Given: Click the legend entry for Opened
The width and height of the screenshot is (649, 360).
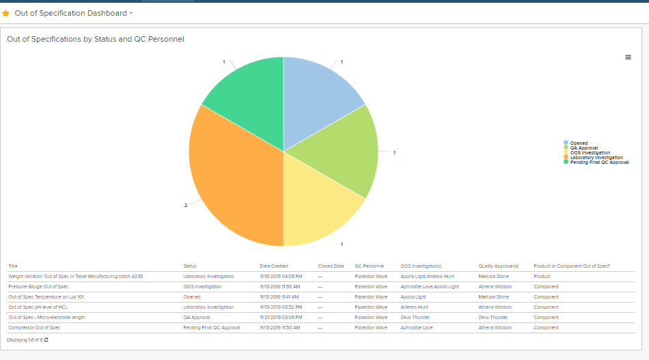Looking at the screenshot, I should pos(579,143).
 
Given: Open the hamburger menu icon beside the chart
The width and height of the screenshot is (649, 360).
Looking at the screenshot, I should pos(628,57).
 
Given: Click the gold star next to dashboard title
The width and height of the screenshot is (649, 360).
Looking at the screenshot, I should pos(6,13).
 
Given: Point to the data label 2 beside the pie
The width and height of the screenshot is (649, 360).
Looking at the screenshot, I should pos(186,205).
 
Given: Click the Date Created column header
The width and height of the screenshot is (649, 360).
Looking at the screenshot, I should pos(274,266).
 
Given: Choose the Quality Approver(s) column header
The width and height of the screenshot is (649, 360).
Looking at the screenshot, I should pos(499,266).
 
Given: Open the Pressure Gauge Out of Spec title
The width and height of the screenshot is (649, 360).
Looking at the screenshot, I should pos(38,287).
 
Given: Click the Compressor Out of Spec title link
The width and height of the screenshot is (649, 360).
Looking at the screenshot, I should pos(34,328).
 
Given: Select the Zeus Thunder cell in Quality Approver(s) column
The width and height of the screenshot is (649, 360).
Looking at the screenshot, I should pos(493,318).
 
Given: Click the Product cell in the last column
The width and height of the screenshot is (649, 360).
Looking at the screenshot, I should pos(543,277).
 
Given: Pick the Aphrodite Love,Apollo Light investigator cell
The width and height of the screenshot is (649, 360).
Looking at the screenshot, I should pos(430,287).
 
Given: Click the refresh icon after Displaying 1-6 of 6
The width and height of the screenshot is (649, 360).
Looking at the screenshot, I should pos(46,340).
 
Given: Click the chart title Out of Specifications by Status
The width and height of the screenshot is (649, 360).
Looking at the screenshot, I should pos(96,40).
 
